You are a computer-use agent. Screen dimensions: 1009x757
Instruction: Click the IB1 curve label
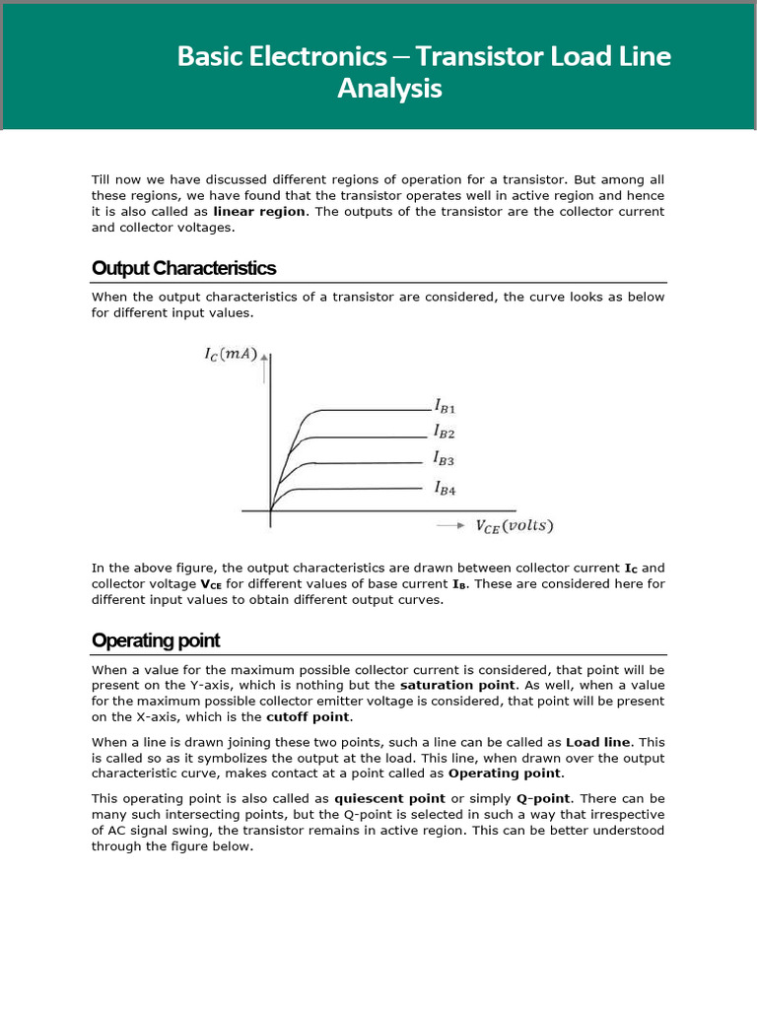point(444,405)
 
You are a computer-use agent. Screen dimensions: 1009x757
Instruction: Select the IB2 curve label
point(444,432)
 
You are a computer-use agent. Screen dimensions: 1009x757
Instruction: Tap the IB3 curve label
point(444,458)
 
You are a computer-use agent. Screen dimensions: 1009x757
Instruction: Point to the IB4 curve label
point(444,487)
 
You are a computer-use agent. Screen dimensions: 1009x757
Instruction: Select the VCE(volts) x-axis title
point(515,526)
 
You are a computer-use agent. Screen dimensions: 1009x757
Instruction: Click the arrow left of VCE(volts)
point(450,526)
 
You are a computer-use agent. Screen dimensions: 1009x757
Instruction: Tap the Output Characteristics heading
point(183,268)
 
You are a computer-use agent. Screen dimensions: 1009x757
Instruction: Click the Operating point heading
point(156,640)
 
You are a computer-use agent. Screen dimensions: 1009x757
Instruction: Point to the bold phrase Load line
point(600,742)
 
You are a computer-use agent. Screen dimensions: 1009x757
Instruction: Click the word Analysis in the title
point(389,89)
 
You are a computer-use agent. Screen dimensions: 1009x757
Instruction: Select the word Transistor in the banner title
point(477,56)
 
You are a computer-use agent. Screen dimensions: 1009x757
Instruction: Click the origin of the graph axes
point(271,510)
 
